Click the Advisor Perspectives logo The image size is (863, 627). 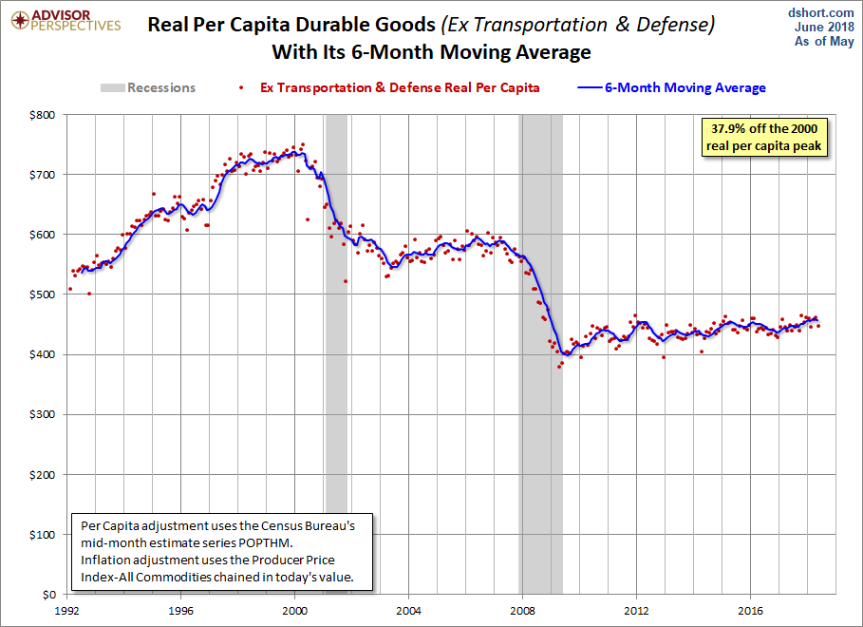(66, 20)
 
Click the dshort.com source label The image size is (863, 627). (820, 12)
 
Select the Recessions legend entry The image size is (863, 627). (148, 87)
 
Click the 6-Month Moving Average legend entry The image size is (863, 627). (671, 87)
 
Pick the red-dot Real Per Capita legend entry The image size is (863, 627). (389, 87)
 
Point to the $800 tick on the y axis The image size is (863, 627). (43, 115)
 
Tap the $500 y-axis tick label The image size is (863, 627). (43, 294)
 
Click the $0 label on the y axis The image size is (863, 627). (49, 595)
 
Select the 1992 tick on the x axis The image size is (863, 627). (66, 611)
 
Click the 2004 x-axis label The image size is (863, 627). (408, 611)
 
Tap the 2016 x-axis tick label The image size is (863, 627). (750, 611)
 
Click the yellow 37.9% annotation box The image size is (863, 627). (764, 137)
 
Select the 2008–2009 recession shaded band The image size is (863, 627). (540, 354)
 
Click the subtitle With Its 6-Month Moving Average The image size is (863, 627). (431, 52)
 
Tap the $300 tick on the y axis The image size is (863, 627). (43, 414)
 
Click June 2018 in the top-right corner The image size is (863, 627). (824, 27)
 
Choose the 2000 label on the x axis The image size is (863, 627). (294, 611)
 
